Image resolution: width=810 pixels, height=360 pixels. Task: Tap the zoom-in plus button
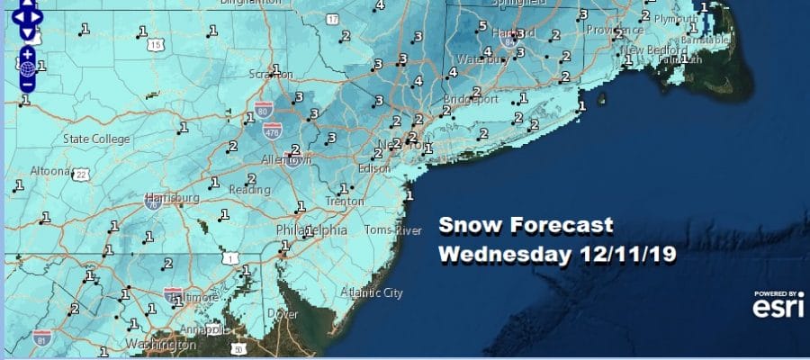pyautogui.click(x=28, y=53)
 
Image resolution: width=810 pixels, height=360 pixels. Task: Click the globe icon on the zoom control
pyautogui.click(x=28, y=68)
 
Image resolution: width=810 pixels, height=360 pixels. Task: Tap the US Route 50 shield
pyautogui.click(x=238, y=348)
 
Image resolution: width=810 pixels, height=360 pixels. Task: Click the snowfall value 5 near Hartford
pyautogui.click(x=481, y=25)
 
